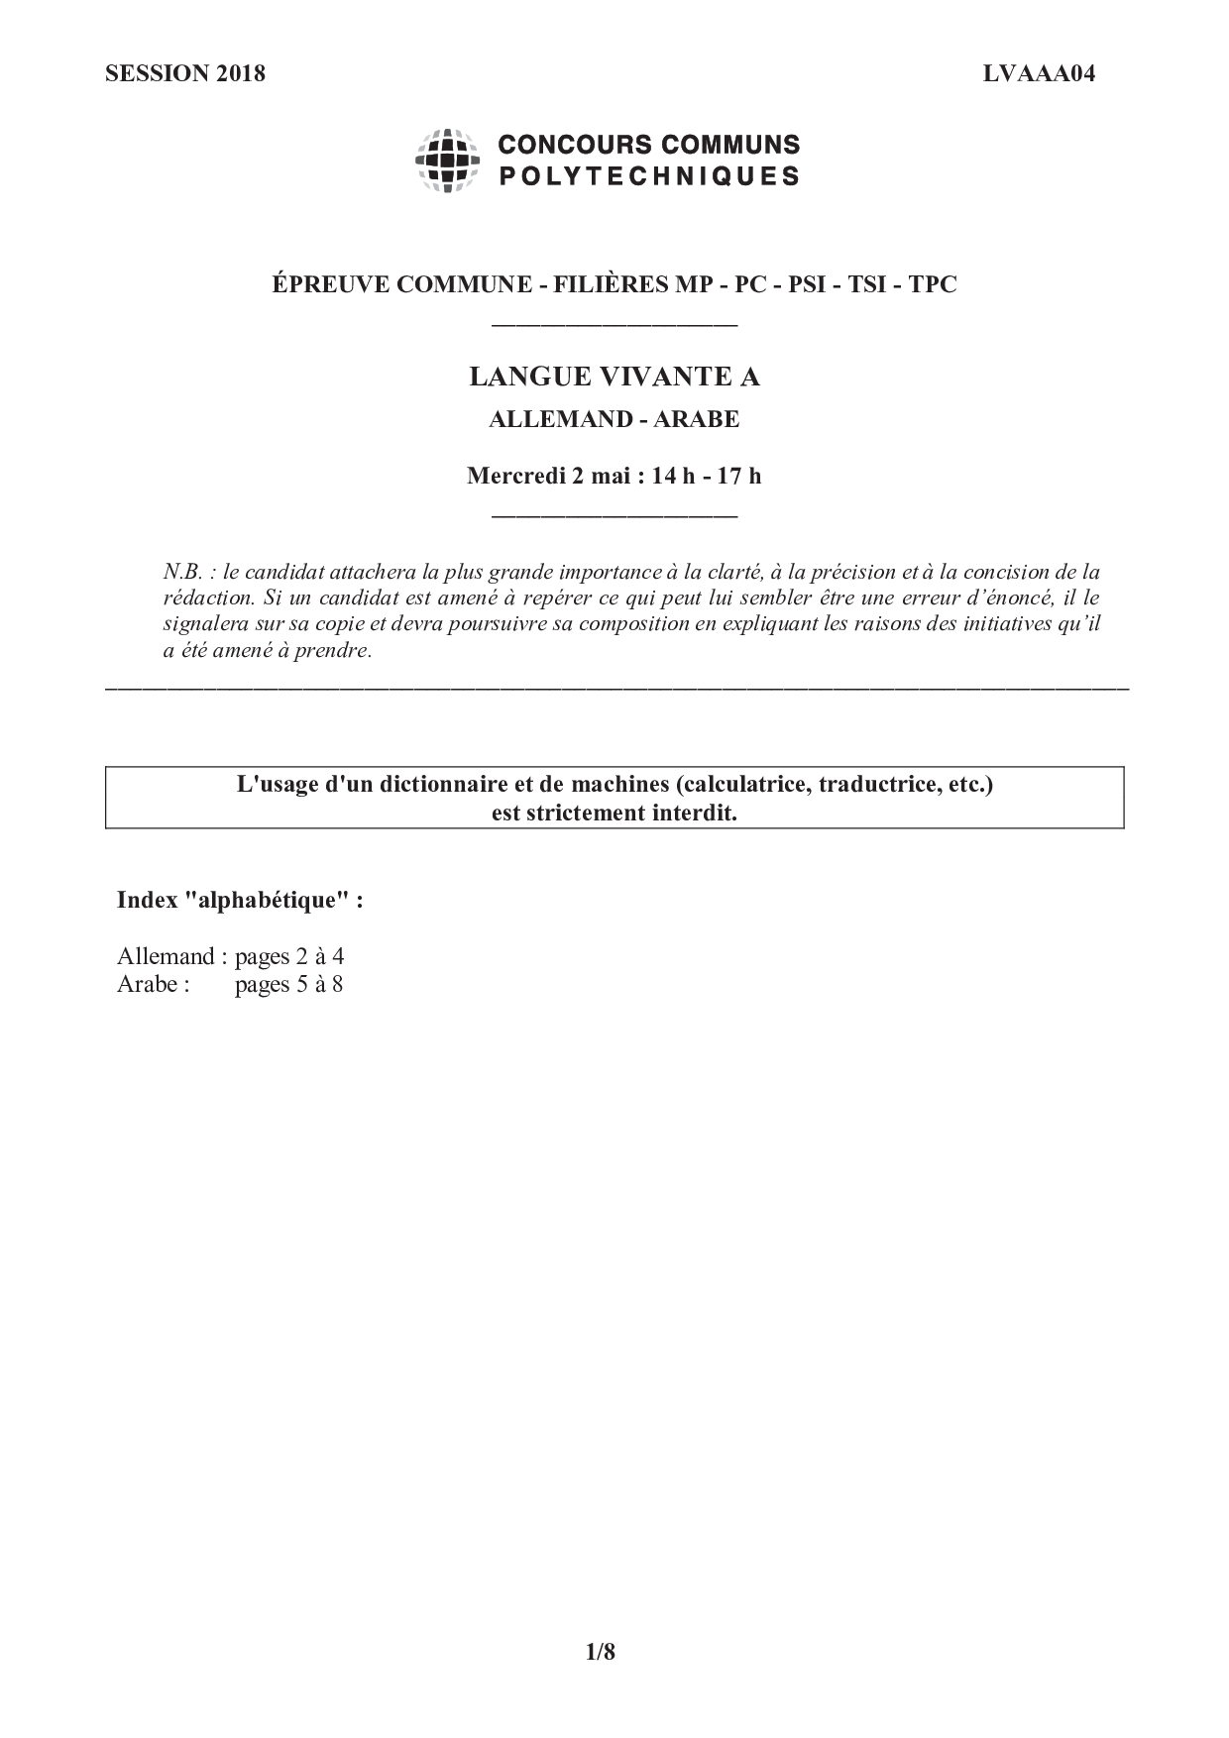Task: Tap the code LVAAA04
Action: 1039,73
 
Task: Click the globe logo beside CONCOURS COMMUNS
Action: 447,160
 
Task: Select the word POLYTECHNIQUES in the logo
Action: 648,176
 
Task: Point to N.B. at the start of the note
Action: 183,572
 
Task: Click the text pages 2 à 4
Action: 288,956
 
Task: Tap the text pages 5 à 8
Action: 288,984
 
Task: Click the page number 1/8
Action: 601,1652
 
